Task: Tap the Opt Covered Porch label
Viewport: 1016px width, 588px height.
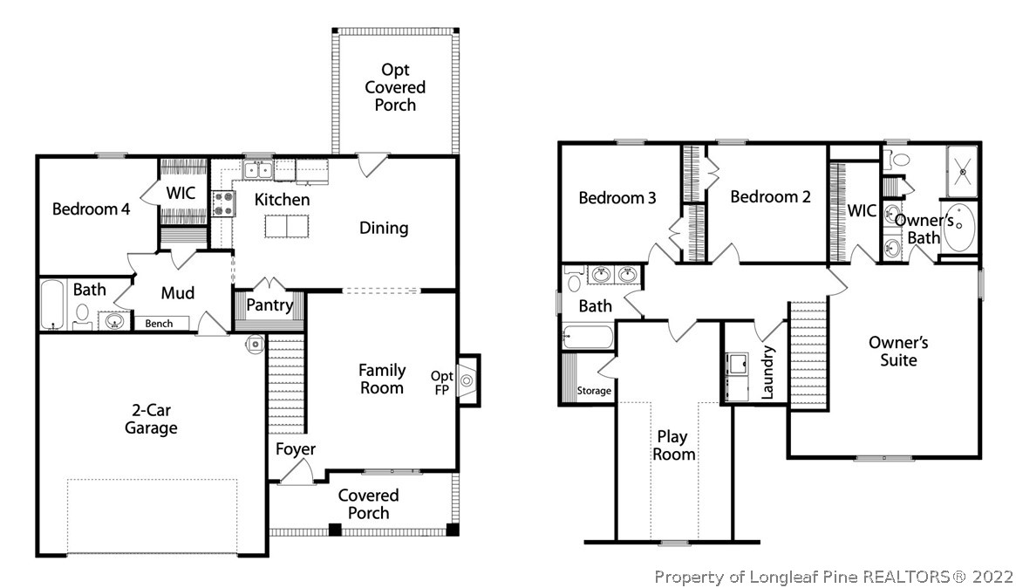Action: [x=395, y=87]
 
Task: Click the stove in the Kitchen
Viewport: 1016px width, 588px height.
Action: [x=224, y=203]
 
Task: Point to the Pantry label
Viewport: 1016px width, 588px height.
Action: [x=269, y=305]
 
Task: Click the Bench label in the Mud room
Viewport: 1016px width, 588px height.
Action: [x=159, y=324]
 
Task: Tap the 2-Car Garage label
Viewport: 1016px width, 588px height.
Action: [x=151, y=419]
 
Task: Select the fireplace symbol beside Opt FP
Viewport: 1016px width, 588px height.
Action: [x=467, y=380]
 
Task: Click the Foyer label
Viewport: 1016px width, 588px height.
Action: [x=296, y=449]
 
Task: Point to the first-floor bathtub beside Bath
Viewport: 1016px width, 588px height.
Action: [x=53, y=304]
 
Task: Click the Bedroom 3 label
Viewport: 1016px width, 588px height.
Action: [x=617, y=198]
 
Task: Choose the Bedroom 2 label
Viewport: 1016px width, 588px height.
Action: [x=770, y=197]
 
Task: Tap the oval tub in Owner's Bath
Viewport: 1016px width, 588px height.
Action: [x=958, y=227]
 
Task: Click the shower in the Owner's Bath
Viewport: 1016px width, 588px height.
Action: [x=963, y=172]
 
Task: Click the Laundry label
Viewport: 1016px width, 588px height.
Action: [x=768, y=373]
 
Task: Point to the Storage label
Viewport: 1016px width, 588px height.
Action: [x=594, y=391]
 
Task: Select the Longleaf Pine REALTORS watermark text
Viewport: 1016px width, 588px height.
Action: [x=834, y=577]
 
